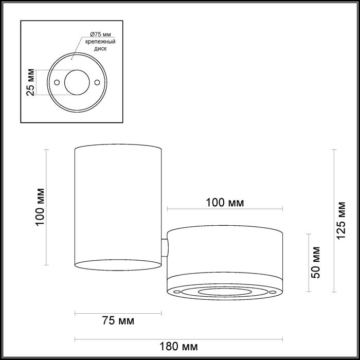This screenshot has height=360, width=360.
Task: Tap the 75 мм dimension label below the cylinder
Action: (x=118, y=321)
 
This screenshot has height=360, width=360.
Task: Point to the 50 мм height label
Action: (x=317, y=262)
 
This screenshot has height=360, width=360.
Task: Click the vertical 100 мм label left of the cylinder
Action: (x=42, y=207)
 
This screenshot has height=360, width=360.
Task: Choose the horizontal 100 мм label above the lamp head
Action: (x=224, y=202)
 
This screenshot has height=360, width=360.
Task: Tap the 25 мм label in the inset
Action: (x=30, y=82)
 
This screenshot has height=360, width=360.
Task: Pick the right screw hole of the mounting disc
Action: (x=97, y=81)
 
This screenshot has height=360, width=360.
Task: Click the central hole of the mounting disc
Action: (x=77, y=81)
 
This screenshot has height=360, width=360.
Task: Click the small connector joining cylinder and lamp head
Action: (x=164, y=248)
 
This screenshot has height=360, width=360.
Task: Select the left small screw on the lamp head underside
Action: (x=178, y=292)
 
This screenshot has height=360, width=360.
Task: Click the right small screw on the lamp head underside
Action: (x=271, y=292)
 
